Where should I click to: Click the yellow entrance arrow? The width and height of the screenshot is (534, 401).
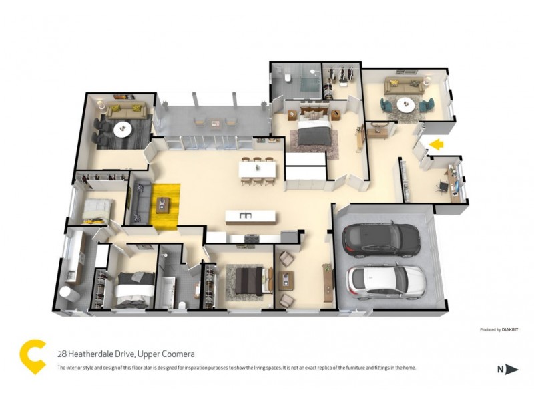pyautogui.click(x=437, y=143)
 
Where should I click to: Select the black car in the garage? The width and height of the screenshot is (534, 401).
pyautogui.click(x=380, y=239)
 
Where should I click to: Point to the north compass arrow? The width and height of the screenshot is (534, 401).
pyautogui.click(x=512, y=368)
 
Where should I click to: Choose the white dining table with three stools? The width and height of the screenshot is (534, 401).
pyautogui.click(x=258, y=170)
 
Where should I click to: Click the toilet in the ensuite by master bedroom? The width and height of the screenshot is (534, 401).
pyautogui.click(x=286, y=79)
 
